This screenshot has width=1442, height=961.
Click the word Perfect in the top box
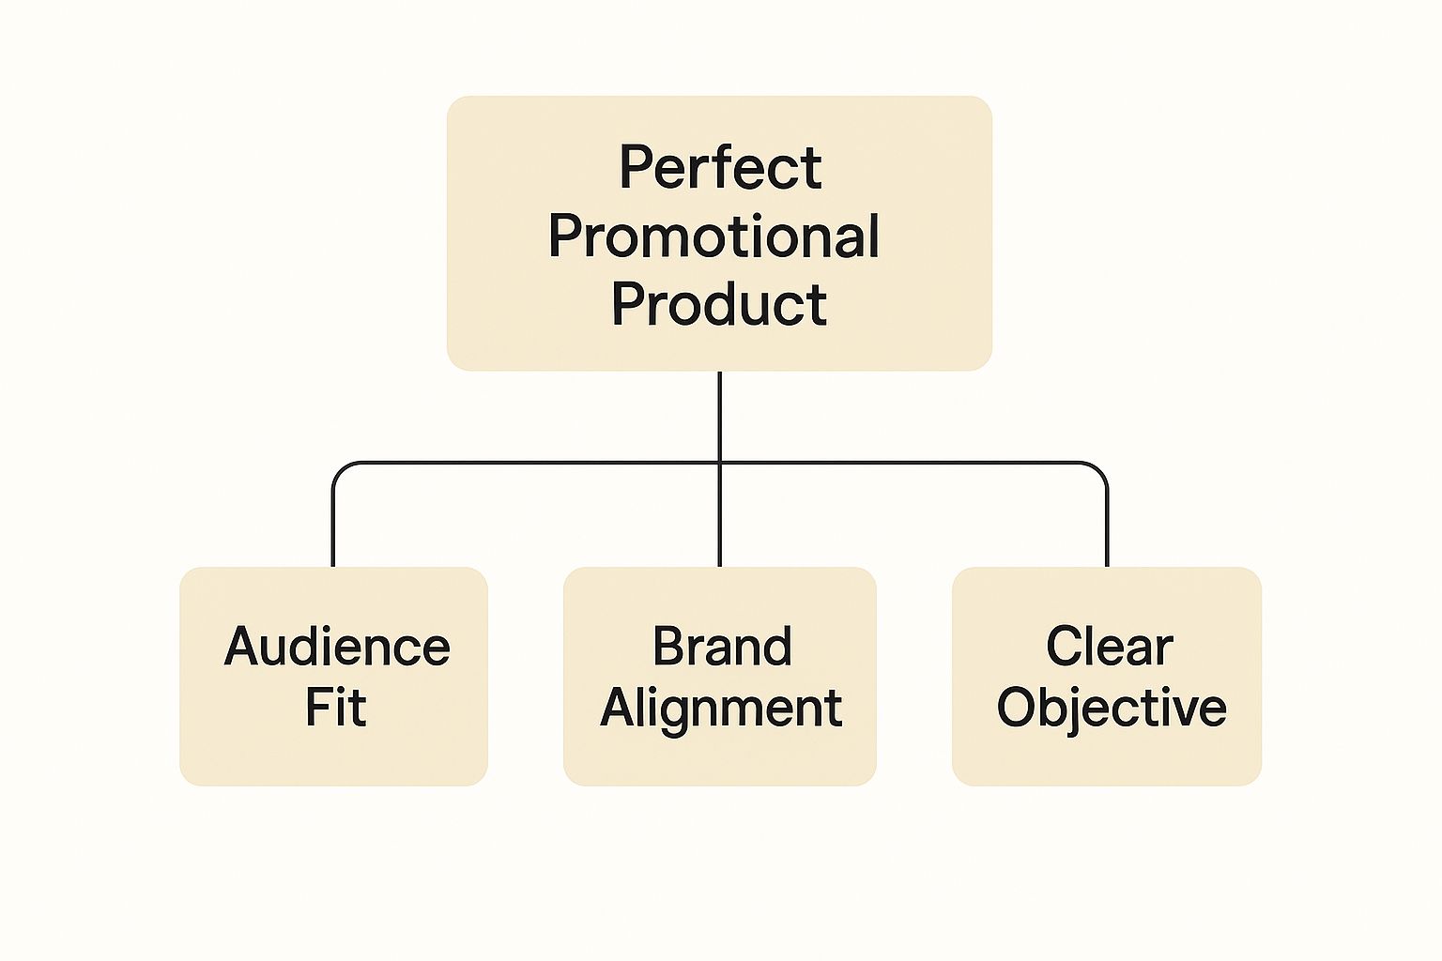point(720,168)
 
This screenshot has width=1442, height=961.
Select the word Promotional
point(714,236)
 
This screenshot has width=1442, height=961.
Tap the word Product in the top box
point(719,304)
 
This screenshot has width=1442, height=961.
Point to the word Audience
point(337,647)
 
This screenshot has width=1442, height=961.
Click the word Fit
point(335,707)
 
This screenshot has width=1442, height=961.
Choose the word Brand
point(722,647)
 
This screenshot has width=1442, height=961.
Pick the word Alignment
point(721,709)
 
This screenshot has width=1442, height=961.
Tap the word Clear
point(1110,647)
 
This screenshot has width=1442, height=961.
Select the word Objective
point(1112,708)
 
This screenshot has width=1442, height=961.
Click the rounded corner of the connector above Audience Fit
point(339,468)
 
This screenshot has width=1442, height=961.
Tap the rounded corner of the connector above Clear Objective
point(1102,468)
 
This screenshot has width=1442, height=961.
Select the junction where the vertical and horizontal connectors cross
point(720,463)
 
